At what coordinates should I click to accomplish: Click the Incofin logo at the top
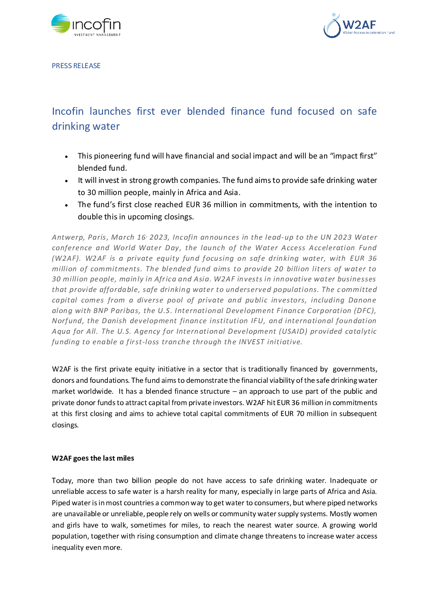(86, 25)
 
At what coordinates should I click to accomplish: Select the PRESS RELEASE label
(76, 66)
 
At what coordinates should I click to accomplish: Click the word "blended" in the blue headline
(206, 112)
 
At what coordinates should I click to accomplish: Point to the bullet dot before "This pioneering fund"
(66, 157)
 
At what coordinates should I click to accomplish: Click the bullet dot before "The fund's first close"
(66, 205)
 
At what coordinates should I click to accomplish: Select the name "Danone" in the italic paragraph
(362, 300)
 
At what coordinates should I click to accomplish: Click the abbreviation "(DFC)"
(365, 311)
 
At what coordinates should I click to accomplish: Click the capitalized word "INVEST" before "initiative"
(251, 342)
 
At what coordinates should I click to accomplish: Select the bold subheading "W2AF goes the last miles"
(93, 458)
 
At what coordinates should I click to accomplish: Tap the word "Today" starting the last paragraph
(62, 480)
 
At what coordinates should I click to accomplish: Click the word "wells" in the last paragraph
(202, 514)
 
